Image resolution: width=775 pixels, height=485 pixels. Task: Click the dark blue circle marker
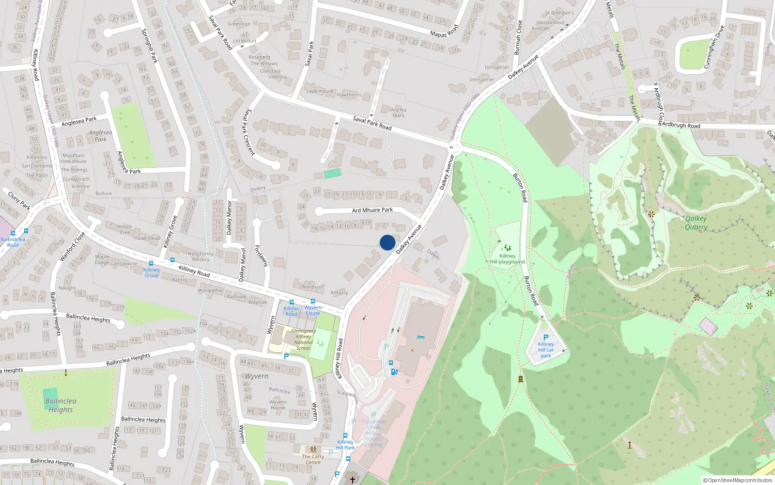[x=387, y=242]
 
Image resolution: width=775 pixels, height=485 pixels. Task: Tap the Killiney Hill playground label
[x=507, y=259]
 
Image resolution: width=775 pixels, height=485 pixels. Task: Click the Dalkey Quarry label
[x=696, y=223]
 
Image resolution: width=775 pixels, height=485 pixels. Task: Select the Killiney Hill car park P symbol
[x=546, y=338]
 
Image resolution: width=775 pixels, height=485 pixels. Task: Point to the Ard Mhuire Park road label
[x=372, y=210]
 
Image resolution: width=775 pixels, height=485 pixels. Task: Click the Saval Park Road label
[x=372, y=123]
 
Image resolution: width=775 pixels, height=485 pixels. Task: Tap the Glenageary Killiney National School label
[x=303, y=339]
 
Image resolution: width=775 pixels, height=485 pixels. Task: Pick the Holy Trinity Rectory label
[x=201, y=257]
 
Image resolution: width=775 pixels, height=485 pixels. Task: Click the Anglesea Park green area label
[x=100, y=136]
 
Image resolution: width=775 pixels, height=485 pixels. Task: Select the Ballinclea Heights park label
[x=61, y=405]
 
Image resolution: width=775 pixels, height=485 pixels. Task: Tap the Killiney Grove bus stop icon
[x=151, y=263]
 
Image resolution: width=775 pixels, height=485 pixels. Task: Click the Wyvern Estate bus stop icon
[x=313, y=301]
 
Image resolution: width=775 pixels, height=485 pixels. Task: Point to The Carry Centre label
[x=313, y=459]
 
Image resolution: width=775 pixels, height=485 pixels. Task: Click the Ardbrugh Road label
[x=681, y=125]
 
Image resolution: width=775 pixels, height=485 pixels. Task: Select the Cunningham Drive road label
[x=713, y=47]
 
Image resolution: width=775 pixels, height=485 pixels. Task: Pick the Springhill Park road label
[x=149, y=46]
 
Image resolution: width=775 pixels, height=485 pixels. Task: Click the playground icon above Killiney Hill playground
[x=507, y=248]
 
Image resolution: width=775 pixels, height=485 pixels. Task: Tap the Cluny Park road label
[x=19, y=200]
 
